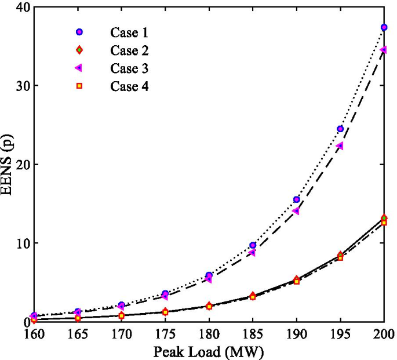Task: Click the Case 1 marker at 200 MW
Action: pos(384,27)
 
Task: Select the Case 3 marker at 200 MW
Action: pos(383,50)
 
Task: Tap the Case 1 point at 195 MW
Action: pos(340,129)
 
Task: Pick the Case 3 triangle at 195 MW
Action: pos(340,146)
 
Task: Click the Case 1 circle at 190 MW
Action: pos(296,199)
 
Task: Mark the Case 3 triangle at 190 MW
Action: pos(296,211)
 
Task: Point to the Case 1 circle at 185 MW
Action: pos(253,245)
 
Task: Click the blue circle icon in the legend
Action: pos(79,32)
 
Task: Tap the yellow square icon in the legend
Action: pos(79,86)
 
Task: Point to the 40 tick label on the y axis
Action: pos(20,7)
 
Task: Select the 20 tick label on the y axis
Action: pos(20,165)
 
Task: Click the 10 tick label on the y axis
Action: pos(20,243)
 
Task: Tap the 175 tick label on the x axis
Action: pos(165,334)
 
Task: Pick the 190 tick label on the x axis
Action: pos(296,334)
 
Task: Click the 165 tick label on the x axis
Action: pos(78,334)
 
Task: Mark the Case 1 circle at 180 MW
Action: pos(209,275)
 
